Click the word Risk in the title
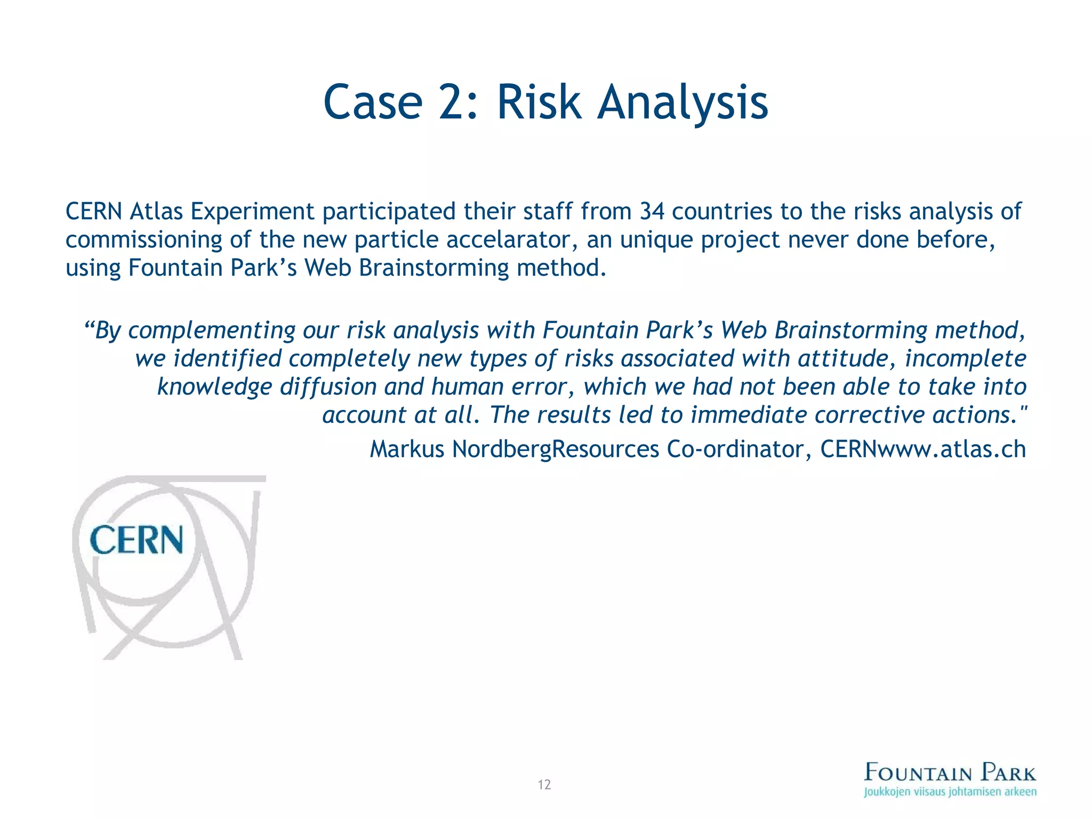pos(539,102)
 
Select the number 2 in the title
pos(454,102)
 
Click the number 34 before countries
pos(652,211)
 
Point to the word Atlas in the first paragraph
pos(156,211)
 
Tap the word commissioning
pos(143,239)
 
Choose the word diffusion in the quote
pos(328,387)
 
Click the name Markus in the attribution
pos(407,449)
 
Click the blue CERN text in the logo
pos(136,540)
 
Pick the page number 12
pos(544,784)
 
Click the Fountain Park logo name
pos(950,772)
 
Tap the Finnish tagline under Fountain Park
pos(950,792)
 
